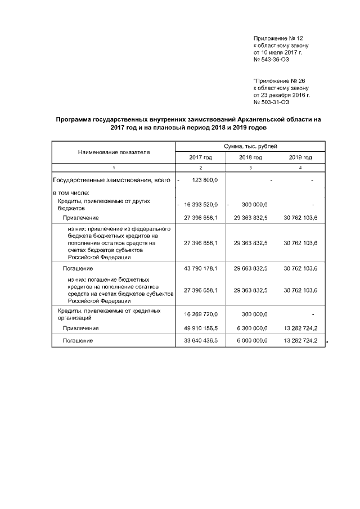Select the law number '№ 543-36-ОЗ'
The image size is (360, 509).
point(272,59)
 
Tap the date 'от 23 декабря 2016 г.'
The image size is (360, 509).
point(282,95)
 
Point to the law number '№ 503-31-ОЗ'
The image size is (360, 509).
point(272,102)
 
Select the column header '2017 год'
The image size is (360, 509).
point(201,157)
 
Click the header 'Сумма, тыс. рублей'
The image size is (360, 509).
point(250,146)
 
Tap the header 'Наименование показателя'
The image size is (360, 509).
point(114,152)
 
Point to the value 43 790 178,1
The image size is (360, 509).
point(201,268)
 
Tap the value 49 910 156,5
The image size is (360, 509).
point(201,328)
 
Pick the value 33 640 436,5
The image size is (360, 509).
point(201,341)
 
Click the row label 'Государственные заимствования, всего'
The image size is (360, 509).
point(111,180)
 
